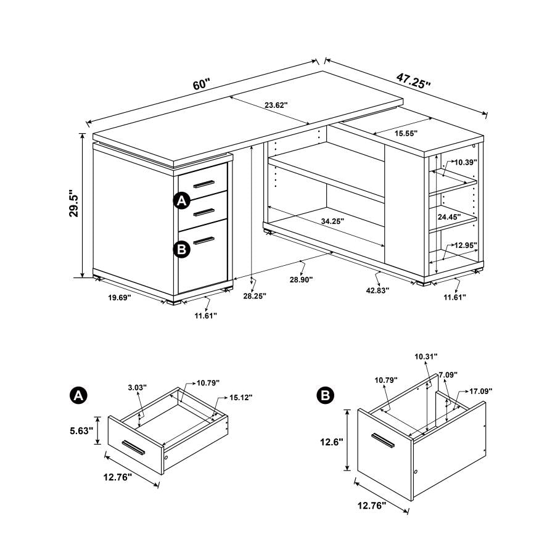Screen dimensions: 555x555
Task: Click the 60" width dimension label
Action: [201, 84]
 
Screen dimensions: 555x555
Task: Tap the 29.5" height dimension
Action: [74, 204]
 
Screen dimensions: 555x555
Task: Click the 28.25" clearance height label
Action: [254, 296]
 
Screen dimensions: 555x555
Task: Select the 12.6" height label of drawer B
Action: [332, 442]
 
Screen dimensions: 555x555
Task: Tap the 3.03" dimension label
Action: [137, 388]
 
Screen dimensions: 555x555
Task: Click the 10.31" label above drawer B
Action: [426, 356]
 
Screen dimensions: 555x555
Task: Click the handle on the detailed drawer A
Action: [133, 447]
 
